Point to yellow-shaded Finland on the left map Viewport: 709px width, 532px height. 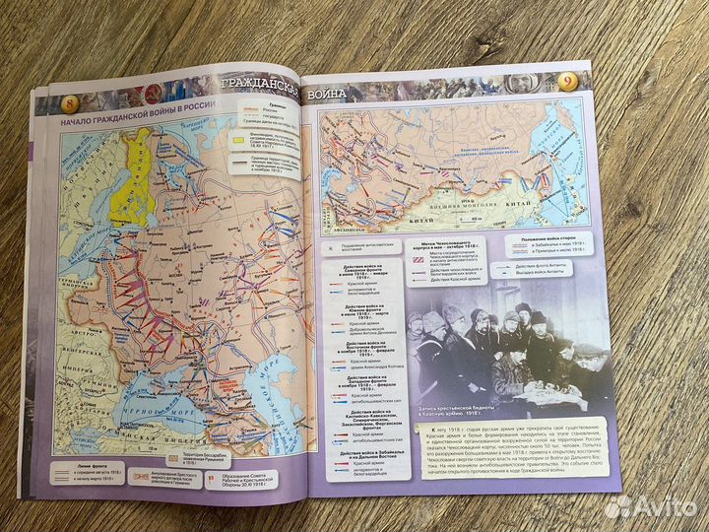[129, 187]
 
